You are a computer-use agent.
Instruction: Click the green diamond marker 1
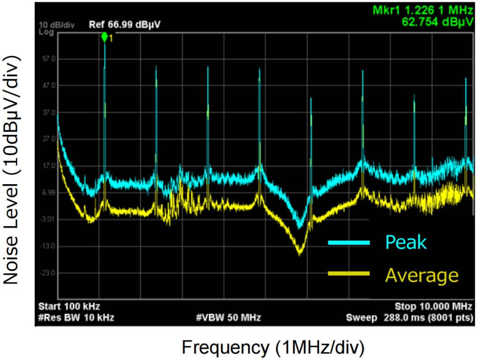(x=104, y=37)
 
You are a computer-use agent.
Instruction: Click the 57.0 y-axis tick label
(x=47, y=59)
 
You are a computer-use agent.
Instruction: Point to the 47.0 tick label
(x=47, y=86)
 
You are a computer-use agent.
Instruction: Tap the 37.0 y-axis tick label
(x=47, y=113)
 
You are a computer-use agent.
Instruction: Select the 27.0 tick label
(x=47, y=139)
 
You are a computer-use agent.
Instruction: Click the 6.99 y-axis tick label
(x=47, y=193)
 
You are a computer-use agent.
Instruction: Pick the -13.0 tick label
(x=47, y=246)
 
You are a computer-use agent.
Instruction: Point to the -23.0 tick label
(x=47, y=273)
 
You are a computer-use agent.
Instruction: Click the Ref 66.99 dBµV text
(x=125, y=25)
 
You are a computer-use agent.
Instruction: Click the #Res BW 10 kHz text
(x=76, y=317)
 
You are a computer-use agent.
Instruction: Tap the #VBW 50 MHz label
(x=228, y=317)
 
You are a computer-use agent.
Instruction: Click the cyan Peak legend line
(x=348, y=242)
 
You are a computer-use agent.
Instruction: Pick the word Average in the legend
(x=422, y=275)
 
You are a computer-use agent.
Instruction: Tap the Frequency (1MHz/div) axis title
(x=273, y=347)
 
